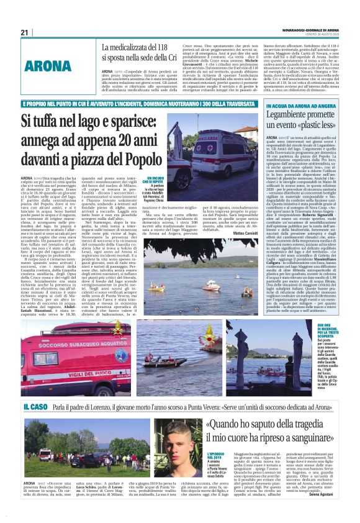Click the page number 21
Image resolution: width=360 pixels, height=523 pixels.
(x=25, y=32)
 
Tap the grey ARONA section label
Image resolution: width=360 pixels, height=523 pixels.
(x=50, y=66)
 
